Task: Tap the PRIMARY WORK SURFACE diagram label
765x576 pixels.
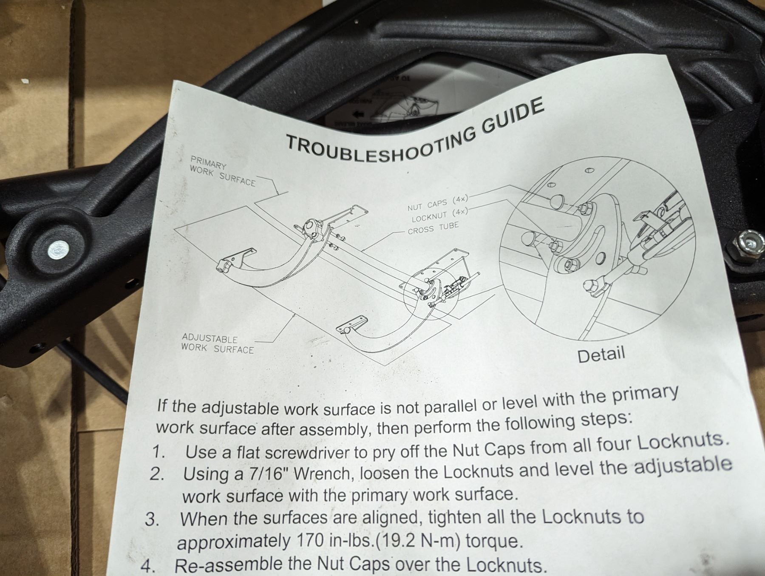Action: pos(222,171)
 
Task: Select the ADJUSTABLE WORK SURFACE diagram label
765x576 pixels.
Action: pos(217,344)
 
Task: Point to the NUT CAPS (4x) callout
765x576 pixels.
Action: pos(437,203)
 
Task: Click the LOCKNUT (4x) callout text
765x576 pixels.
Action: pos(439,216)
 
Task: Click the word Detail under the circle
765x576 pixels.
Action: pos(601,354)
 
